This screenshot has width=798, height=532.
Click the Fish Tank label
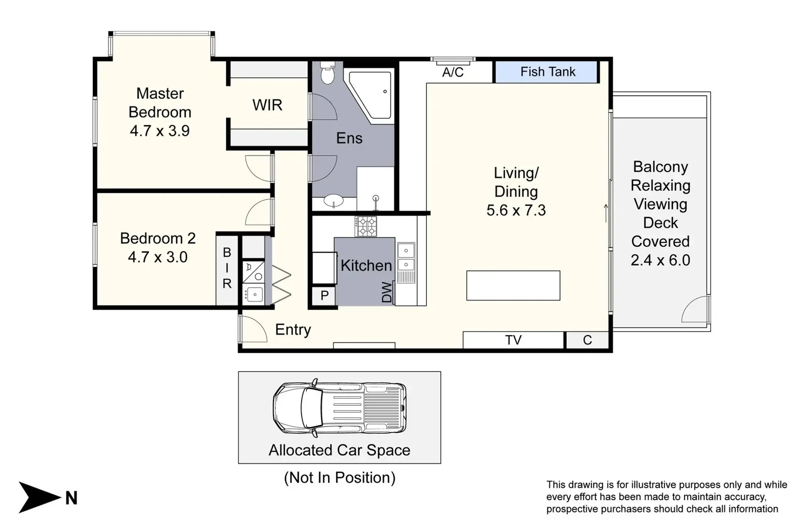pos(548,72)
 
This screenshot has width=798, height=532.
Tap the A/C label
pos(453,72)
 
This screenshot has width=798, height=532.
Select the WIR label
pos(267,105)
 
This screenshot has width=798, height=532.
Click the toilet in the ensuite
pos(328,72)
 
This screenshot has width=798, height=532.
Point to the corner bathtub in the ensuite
pos(370,95)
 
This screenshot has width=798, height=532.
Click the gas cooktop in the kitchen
pos(366,227)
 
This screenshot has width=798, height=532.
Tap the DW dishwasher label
pos(387,292)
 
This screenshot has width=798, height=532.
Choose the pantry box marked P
pos(324,296)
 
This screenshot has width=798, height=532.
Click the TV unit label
pos(513,340)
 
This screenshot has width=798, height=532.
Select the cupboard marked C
pos(587,340)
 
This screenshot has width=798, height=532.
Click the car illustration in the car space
pos(340,408)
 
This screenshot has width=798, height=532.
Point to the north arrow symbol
pos(40,498)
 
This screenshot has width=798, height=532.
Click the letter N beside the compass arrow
pos(71,498)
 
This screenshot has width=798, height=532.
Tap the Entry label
pos(293,330)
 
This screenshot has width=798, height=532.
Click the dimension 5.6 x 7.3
pos(516,210)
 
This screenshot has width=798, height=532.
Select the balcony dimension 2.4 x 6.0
pos(660,260)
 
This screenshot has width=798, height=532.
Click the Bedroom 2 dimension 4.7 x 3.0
pos(158,257)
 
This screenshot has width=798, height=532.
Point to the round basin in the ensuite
pos(333,201)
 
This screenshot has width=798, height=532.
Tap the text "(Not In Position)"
pos(340,478)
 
